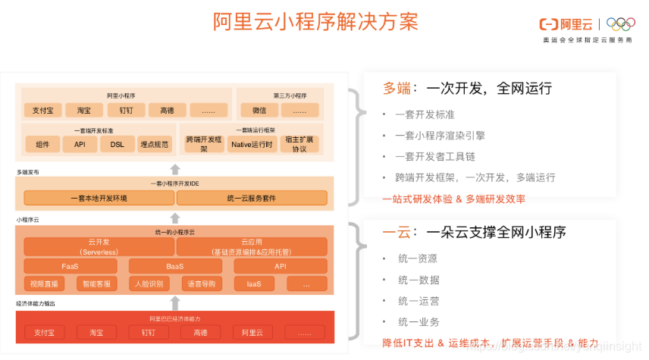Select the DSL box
(x=118, y=144)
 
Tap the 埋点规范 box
(x=156, y=144)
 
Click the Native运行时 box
(x=252, y=144)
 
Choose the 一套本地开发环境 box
(x=99, y=198)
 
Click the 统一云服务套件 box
(x=251, y=198)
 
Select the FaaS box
(x=71, y=266)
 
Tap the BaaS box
(x=175, y=266)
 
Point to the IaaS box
(x=254, y=284)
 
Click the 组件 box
(x=42, y=144)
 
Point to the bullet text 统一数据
(x=418, y=280)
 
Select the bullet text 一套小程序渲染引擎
(x=440, y=136)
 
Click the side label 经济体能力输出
(x=35, y=303)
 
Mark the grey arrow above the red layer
(x=175, y=302)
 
